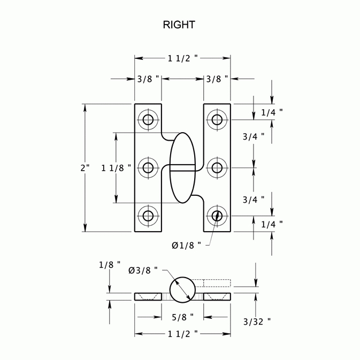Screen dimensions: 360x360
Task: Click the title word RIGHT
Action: [180, 25]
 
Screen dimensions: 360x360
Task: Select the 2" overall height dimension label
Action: [85, 168]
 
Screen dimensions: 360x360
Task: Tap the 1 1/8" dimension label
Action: [116, 168]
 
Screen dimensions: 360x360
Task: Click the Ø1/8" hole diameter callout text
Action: [187, 245]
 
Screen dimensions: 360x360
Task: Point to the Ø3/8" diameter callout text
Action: [143, 270]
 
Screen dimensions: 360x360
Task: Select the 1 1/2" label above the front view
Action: [183, 57]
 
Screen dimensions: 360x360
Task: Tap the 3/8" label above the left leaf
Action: [149, 79]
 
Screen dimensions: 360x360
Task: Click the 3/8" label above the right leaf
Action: [217, 79]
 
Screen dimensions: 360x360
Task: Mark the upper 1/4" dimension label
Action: [272, 112]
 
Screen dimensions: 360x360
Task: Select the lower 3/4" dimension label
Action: [254, 200]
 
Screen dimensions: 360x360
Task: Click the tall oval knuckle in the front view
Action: [183, 168]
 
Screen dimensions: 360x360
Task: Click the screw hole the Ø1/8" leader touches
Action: [217, 216]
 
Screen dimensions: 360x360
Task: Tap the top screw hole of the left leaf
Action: [148, 119]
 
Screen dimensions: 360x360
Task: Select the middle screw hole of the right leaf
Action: [217, 168]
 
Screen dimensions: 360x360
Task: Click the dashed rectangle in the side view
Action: [217, 282]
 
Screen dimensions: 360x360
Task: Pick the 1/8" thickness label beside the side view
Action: [110, 265]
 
